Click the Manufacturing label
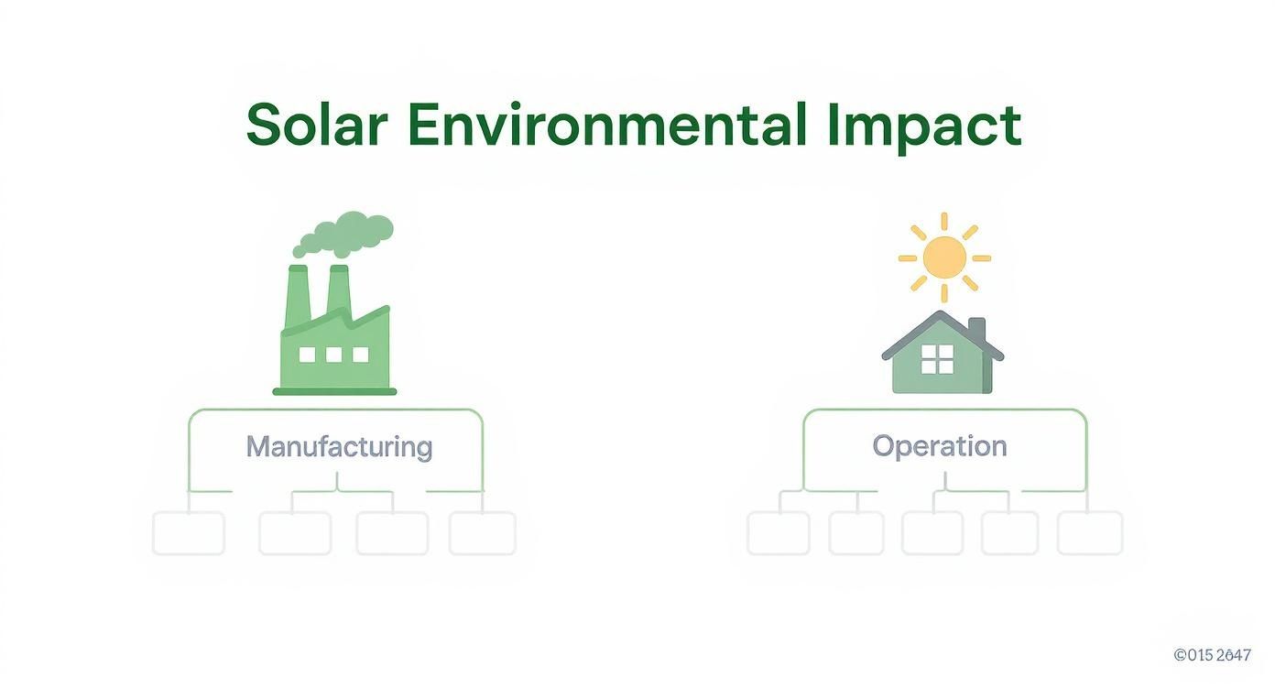339,447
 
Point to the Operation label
939,447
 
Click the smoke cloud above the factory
346,233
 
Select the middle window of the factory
333,355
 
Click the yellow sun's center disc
944,257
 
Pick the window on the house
937,360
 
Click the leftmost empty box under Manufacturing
189,533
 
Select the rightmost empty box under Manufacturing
482,533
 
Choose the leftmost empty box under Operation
779,533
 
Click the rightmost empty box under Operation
1090,533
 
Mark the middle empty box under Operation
932,533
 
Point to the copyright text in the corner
1212,655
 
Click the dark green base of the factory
334,391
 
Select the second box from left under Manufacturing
295,533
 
